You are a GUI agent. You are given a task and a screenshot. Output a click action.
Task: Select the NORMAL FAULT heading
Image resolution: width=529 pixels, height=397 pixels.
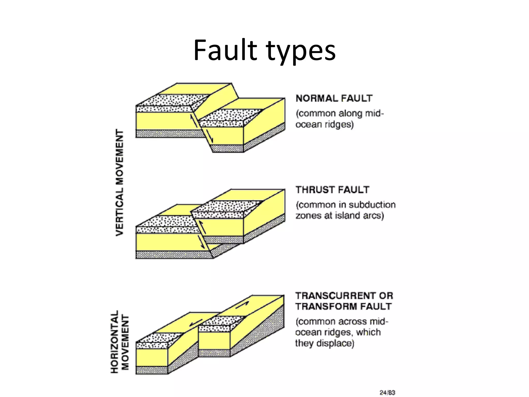click(x=334, y=98)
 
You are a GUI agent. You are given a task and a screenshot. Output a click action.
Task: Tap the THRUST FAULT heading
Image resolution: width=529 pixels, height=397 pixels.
click(x=332, y=190)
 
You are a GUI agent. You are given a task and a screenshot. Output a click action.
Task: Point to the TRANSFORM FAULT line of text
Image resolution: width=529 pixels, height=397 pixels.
click(x=344, y=306)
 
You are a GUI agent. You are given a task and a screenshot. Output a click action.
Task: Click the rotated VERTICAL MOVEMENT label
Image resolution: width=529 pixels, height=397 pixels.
click(x=119, y=182)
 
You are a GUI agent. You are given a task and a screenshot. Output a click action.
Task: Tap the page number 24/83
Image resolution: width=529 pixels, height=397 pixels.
click(x=387, y=393)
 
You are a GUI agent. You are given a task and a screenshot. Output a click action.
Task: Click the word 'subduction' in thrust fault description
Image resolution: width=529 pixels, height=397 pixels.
click(x=372, y=205)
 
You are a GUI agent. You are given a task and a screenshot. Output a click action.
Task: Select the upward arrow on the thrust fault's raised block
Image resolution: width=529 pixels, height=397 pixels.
click(x=203, y=227)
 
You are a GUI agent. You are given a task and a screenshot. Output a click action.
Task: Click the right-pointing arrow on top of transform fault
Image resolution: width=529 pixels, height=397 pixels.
click(x=242, y=304)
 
